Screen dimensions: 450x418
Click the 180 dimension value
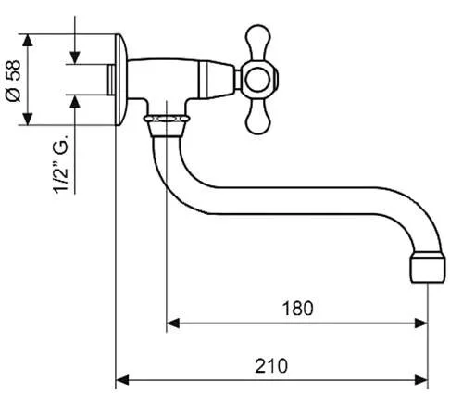coord(298,308)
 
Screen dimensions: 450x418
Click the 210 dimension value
coord(271,365)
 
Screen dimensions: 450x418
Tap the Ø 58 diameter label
coord(14,81)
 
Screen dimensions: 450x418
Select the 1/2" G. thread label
coord(60,165)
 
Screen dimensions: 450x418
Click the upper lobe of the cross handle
coord(258,42)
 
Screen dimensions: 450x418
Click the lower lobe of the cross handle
coord(258,117)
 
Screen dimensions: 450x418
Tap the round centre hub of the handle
coord(257,80)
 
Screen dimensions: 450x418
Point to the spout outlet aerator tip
coord(428,268)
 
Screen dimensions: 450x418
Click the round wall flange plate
coord(120,80)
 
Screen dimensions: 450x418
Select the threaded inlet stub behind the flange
coord(111,80)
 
